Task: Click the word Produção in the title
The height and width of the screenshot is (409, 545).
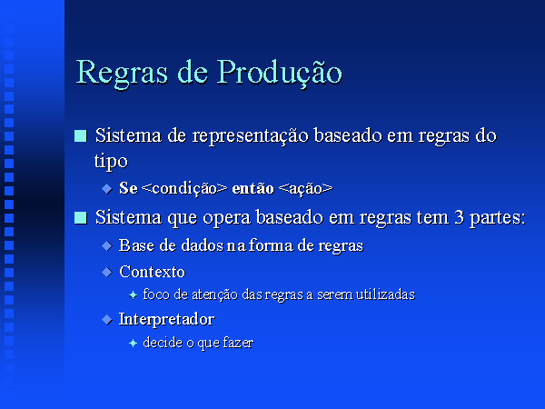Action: point(280,72)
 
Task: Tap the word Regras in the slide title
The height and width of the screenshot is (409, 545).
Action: point(122,74)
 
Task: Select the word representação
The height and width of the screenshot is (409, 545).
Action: point(251,136)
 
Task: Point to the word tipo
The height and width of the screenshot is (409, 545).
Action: point(111,162)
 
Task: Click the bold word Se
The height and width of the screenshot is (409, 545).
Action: point(128,188)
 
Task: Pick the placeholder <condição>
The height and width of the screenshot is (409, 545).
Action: point(184,189)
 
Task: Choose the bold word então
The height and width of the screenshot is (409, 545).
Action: point(253,188)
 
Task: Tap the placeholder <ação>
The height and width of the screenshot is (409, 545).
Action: point(305,189)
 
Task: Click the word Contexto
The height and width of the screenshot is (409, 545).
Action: point(153,272)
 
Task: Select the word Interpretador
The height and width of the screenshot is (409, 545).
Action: point(167,320)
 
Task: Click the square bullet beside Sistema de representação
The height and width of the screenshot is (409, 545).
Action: point(81,136)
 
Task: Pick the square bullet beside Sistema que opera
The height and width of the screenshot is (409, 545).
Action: point(81,218)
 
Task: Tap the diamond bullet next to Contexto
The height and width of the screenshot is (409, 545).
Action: point(107,272)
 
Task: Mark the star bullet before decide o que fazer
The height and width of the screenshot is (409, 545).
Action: point(133,344)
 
